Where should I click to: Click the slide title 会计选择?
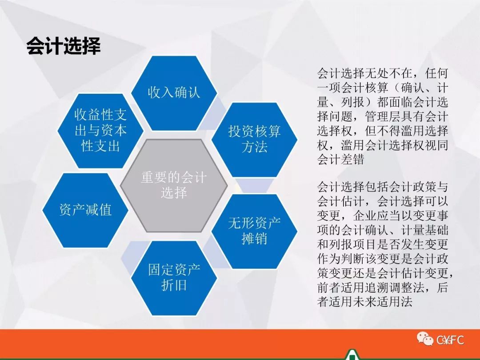coord(64,47)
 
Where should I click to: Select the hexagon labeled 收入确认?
coord(174,93)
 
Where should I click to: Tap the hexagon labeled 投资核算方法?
coord(254,140)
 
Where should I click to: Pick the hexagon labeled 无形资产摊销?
coord(254,232)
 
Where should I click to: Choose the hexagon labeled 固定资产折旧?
coord(174,278)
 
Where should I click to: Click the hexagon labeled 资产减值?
coord(85,210)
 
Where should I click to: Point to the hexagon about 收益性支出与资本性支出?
coord(100,131)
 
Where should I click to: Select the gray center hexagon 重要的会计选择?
coord(174,185)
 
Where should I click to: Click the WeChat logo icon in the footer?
coord(425,339)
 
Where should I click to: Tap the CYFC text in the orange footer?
coord(450,340)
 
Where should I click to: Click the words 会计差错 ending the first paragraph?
coord(340,160)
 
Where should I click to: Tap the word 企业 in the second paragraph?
coord(364,216)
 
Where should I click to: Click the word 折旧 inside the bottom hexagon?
coord(174,285)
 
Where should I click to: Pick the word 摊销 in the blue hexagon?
coord(254,239)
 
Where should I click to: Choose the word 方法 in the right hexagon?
coord(254,147)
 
